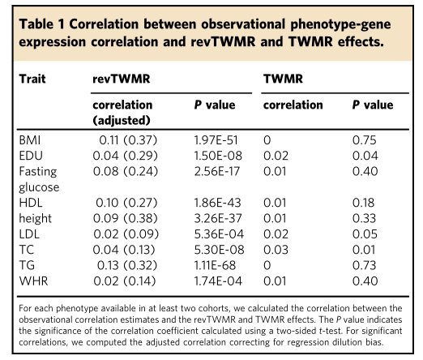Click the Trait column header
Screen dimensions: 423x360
(32, 79)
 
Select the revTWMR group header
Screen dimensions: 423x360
(122, 79)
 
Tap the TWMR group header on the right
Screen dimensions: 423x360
(283, 79)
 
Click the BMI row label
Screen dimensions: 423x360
(30, 140)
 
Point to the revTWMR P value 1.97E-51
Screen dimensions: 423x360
(216, 140)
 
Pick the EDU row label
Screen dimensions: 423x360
(31, 156)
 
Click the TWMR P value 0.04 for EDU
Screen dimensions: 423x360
(365, 156)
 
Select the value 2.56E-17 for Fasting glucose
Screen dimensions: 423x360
(217, 172)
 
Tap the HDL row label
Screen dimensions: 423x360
(31, 203)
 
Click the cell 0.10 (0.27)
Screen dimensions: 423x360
(126, 203)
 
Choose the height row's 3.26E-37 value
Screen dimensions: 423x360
(218, 219)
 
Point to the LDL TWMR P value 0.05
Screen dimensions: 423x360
(365, 234)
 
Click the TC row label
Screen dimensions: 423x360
(27, 250)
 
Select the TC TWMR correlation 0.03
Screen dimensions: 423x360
(276, 250)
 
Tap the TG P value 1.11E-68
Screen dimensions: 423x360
(215, 266)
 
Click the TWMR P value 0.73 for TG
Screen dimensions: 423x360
(364, 266)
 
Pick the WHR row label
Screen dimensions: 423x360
(33, 281)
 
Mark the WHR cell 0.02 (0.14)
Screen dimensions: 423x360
(125, 281)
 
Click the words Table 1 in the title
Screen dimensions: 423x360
(42, 24)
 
